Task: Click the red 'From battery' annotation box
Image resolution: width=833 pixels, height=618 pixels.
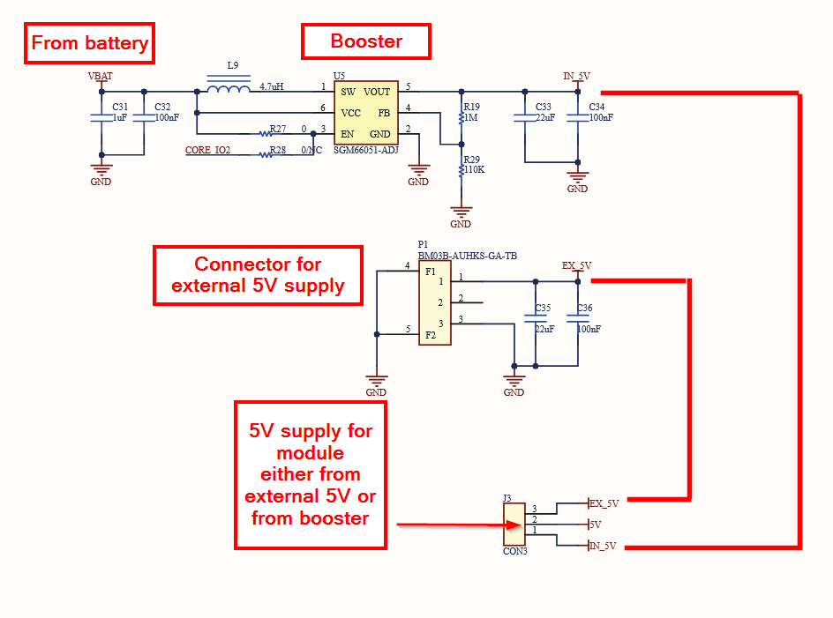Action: pos(89,43)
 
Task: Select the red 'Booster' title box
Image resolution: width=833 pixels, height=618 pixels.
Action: pos(366,41)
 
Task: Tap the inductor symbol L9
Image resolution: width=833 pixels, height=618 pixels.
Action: pos(229,89)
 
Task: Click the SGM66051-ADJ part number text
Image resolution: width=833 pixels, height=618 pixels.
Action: pos(365,150)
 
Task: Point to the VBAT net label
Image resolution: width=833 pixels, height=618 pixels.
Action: pos(101,77)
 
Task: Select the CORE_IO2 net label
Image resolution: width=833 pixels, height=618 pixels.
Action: pos(207,151)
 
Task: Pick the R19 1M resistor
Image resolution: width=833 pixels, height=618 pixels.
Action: pos(461,115)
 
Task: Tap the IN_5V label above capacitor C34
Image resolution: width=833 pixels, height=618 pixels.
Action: pos(577,76)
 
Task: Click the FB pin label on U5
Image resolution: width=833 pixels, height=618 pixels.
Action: pos(384,113)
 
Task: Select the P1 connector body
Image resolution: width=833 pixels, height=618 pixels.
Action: pos(435,303)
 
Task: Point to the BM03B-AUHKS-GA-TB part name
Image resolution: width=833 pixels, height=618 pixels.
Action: pos(467,256)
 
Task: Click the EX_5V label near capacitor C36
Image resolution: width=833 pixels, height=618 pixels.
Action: pos(577,265)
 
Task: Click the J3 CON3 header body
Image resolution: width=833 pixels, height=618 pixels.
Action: pos(514,525)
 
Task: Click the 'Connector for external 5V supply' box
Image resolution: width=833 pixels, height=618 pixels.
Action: pos(258,275)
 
